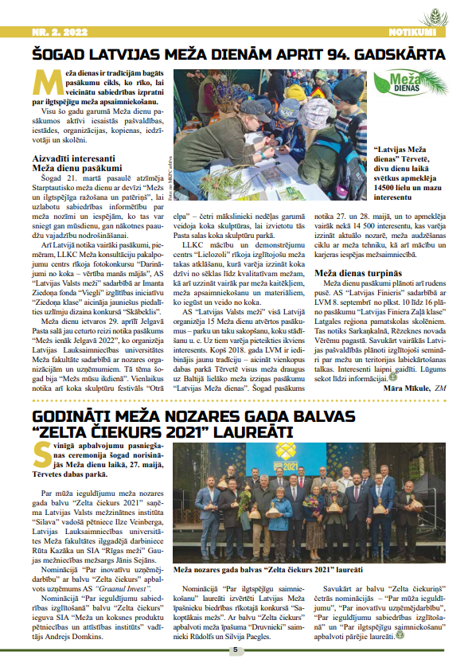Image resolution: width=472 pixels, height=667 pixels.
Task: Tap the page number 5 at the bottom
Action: point(236,649)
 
